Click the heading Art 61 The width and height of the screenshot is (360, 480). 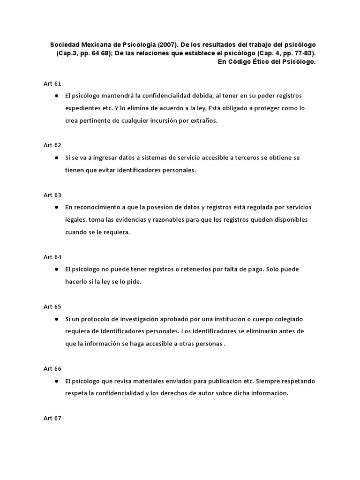point(52,83)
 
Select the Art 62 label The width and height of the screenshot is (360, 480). point(52,145)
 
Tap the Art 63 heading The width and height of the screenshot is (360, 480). point(52,195)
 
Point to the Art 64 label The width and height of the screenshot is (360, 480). point(52,257)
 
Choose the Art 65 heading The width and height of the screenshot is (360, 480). point(52,307)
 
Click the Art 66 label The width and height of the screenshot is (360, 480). point(52,368)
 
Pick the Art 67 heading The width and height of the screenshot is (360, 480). point(52,418)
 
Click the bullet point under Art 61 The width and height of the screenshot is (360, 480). point(56,96)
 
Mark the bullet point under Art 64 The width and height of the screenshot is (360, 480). point(56,269)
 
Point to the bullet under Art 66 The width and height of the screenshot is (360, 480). point(56,381)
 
